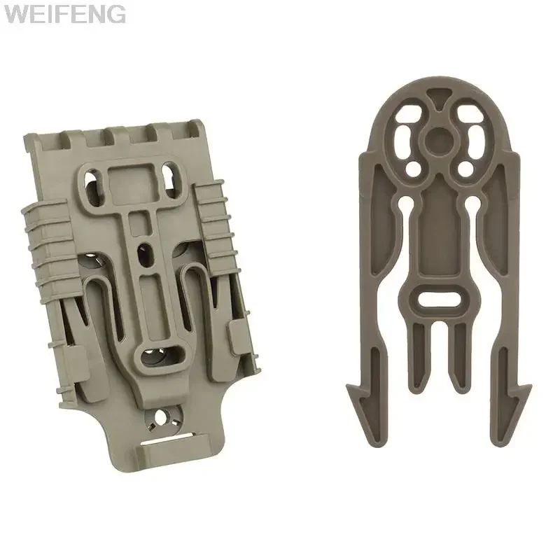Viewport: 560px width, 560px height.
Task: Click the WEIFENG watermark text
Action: [64, 14]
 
